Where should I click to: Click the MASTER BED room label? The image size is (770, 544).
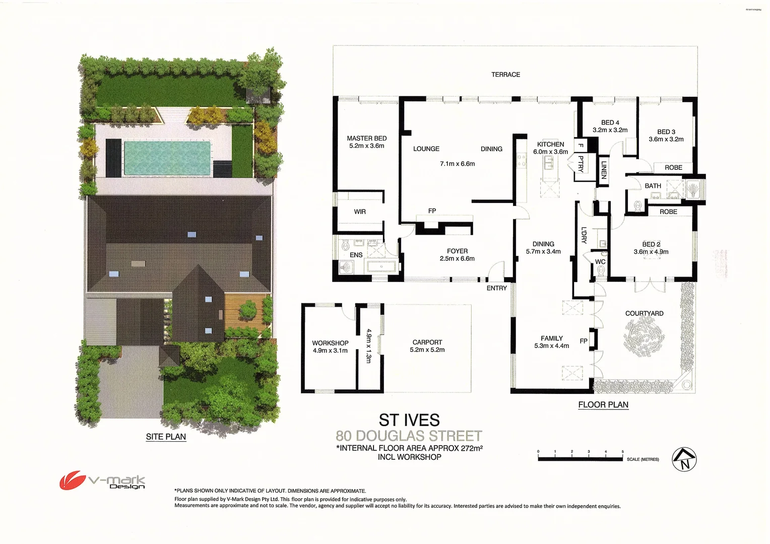(x=366, y=139)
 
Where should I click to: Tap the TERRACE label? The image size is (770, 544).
(x=505, y=75)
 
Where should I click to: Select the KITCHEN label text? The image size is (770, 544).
(x=550, y=145)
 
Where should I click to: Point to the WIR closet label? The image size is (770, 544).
(x=360, y=212)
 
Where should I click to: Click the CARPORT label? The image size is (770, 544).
(x=427, y=343)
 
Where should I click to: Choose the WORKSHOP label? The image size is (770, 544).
(x=330, y=343)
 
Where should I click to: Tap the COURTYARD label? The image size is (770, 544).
(x=644, y=313)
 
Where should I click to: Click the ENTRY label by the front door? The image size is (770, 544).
(x=496, y=288)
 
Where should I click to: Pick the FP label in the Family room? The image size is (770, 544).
(x=583, y=341)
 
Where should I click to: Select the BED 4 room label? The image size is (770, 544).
(x=610, y=122)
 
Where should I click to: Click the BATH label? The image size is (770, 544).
(x=653, y=186)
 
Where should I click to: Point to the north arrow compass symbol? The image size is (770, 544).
(x=684, y=459)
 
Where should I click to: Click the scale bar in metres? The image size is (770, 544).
(x=581, y=458)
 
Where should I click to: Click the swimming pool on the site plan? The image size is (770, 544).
(x=167, y=158)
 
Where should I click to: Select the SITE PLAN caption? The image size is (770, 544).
(x=166, y=437)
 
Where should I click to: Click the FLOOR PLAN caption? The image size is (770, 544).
(x=603, y=404)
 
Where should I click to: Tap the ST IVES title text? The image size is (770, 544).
(x=409, y=420)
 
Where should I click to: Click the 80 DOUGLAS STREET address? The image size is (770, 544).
(x=409, y=436)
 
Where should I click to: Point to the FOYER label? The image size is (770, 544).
(x=457, y=251)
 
